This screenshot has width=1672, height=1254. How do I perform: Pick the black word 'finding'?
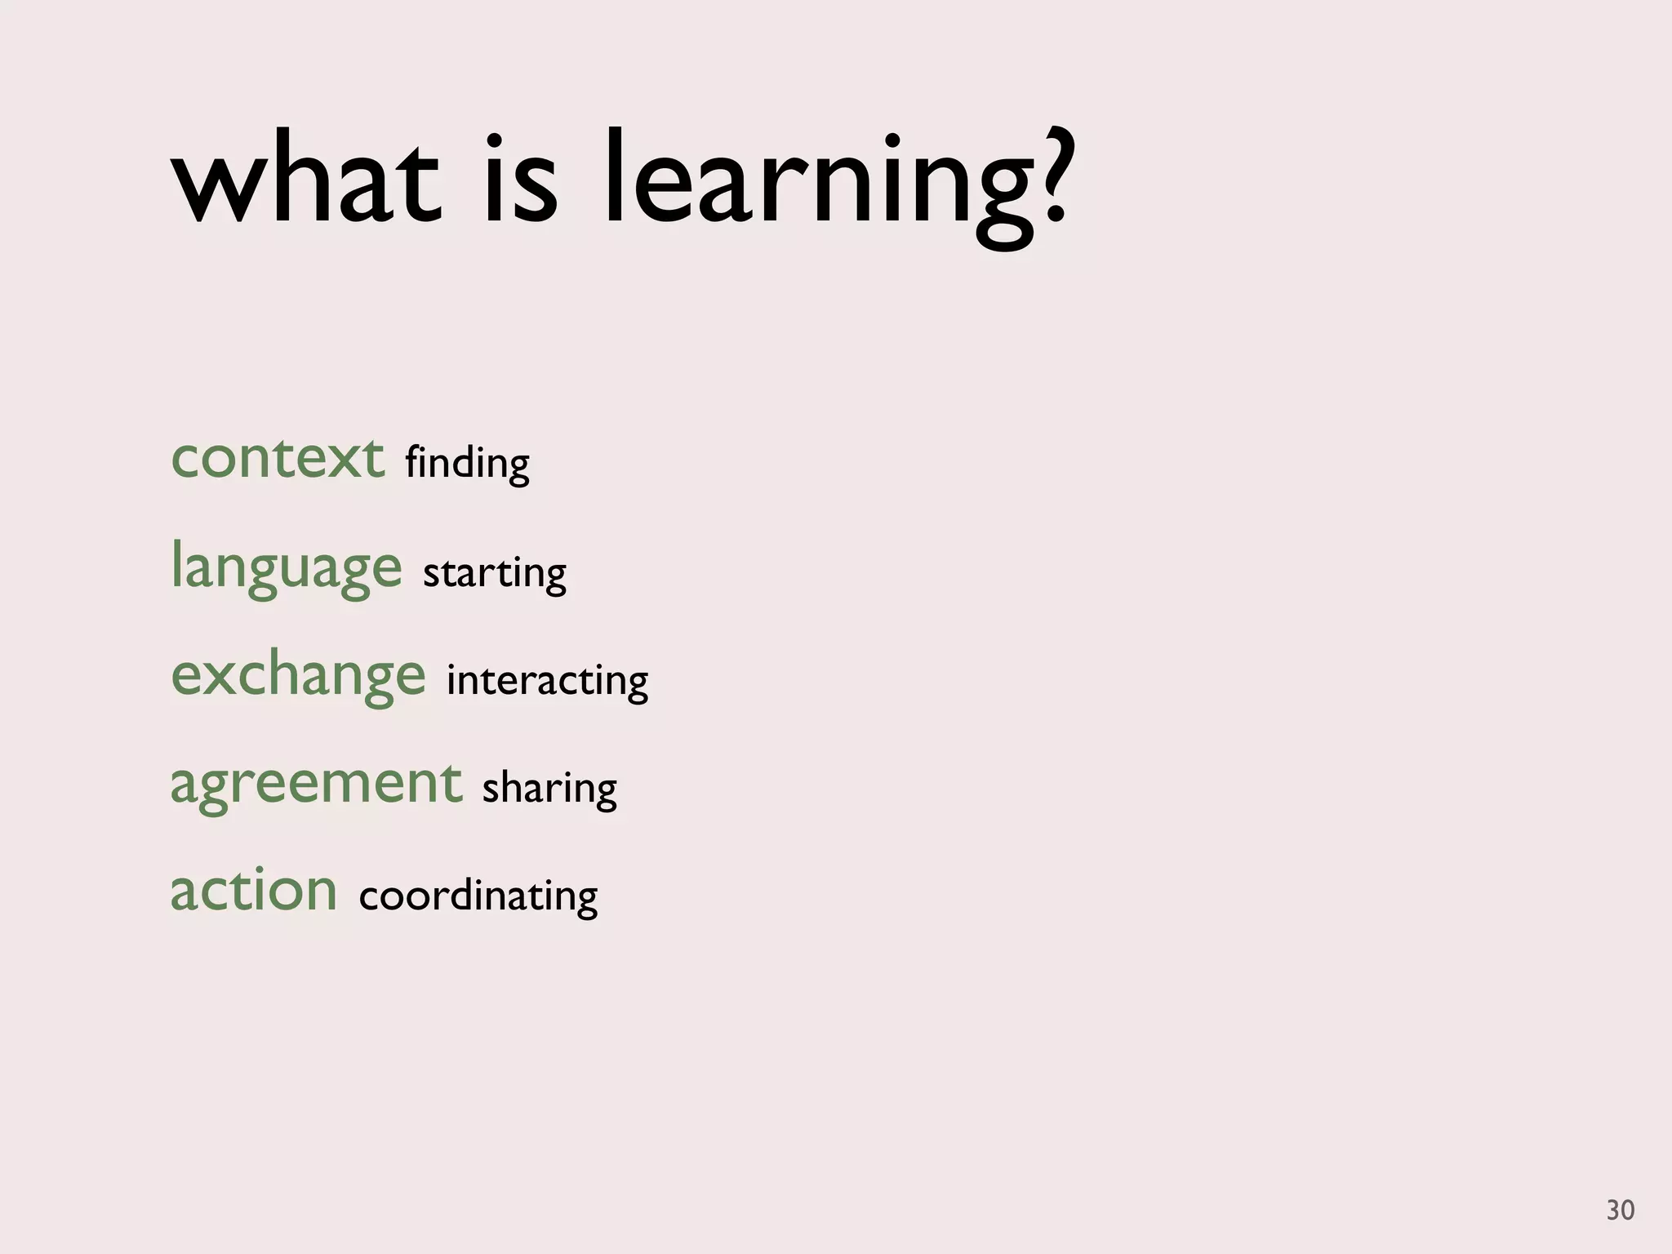coord(467,464)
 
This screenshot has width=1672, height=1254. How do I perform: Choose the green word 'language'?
coord(286,567)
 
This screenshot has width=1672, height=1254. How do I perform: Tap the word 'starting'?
coord(494,572)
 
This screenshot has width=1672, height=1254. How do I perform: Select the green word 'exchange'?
coord(298,675)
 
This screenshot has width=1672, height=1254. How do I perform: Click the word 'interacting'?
coord(547,680)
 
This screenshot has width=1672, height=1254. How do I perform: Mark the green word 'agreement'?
coord(316,783)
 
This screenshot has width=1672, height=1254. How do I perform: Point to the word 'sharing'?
coord(549,789)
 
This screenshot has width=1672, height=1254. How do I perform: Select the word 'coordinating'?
coord(478,896)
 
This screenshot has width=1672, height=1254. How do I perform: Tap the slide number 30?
coord(1620,1210)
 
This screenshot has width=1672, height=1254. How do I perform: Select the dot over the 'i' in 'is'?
coord(494,140)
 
